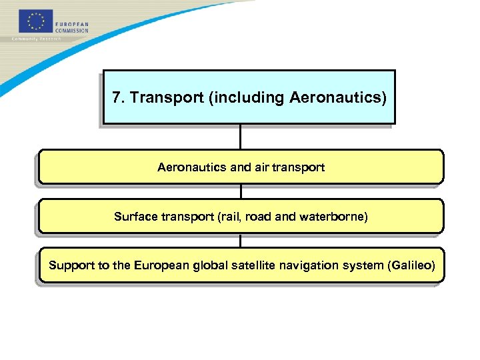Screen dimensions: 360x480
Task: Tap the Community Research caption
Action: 36,39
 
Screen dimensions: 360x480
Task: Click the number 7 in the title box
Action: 117,98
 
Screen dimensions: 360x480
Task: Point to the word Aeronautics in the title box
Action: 337,98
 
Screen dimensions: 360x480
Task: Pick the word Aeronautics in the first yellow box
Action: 192,167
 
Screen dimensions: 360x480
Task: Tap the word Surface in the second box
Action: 136,217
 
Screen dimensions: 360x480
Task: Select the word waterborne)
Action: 334,217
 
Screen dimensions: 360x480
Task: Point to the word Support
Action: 71,266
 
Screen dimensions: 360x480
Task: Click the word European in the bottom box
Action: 161,266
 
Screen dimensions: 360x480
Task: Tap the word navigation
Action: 315,266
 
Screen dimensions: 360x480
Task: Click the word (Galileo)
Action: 411,266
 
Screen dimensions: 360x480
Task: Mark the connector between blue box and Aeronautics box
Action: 240,137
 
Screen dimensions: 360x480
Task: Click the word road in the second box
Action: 258,217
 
